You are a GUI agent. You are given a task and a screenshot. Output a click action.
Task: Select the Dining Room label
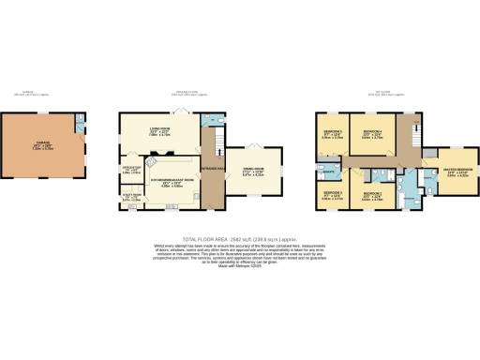[254, 172]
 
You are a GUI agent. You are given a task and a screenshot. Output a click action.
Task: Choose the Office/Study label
[130, 170]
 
